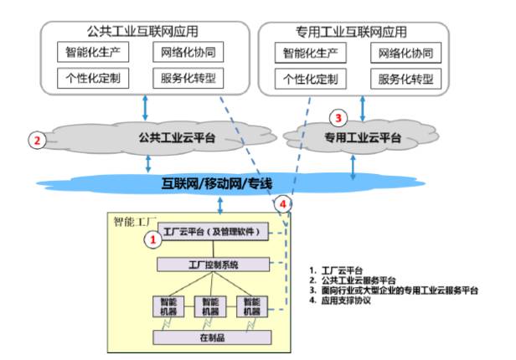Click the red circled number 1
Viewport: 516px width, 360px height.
(152, 239)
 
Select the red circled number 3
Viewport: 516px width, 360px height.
(338, 117)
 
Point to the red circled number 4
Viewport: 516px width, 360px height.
(285, 203)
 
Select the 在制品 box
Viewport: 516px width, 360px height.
(212, 337)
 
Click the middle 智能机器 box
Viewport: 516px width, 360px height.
(212, 306)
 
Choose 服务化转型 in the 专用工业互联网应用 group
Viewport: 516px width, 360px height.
(405, 80)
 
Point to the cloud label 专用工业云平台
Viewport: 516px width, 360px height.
(362, 137)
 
